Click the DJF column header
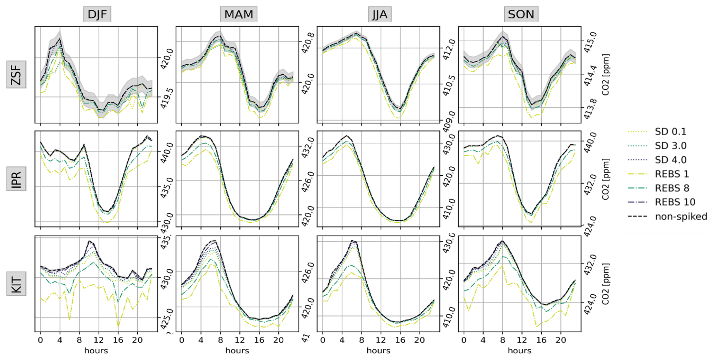click(x=97, y=15)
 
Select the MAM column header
click(x=239, y=15)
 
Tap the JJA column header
click(x=379, y=15)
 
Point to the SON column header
click(x=521, y=15)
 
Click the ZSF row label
click(x=16, y=74)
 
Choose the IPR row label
click(x=16, y=179)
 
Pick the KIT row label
click(x=16, y=285)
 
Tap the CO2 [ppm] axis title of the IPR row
click(x=605, y=179)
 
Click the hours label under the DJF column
click(x=96, y=351)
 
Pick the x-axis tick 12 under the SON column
click(x=522, y=340)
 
